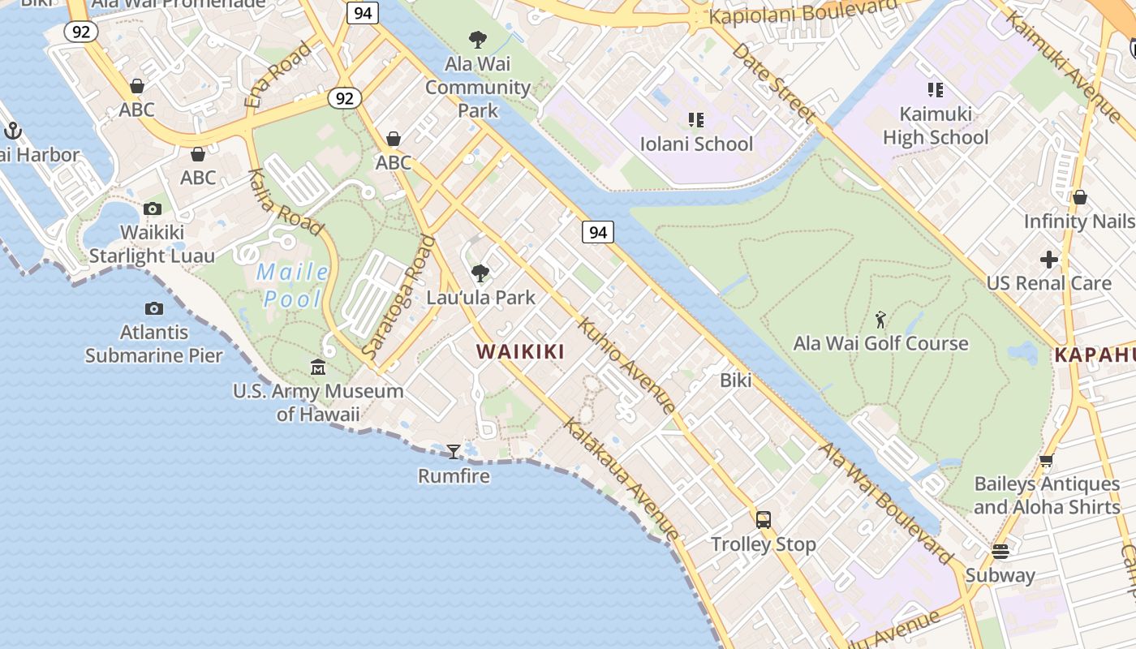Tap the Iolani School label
coord(696,144)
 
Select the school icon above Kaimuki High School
coord(935,89)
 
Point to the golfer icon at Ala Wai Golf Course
coord(880,320)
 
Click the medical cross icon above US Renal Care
coord(1048,260)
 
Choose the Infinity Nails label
coord(1078,221)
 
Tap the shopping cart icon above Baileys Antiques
coord(1046,461)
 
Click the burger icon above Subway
coord(1000,552)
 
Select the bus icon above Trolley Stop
coord(763,520)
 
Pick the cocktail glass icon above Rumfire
coord(454,451)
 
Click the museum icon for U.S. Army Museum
coord(318,367)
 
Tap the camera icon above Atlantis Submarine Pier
coord(153,308)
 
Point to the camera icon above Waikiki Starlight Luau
coord(152,209)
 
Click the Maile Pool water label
coord(292,286)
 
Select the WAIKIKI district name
coord(520,351)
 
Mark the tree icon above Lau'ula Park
coord(480,273)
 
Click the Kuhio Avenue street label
coord(625,365)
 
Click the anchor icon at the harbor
coord(12,130)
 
